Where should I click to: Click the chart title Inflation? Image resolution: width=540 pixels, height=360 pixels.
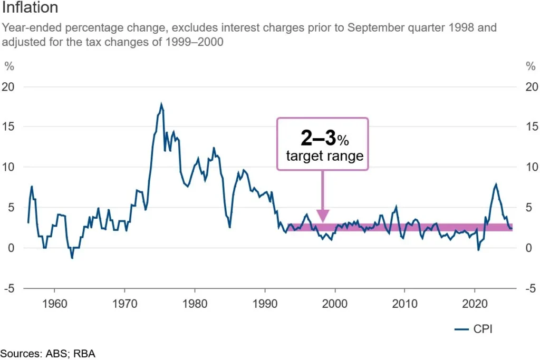coord(31,8)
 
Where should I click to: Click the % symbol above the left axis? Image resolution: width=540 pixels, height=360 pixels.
coord(8,66)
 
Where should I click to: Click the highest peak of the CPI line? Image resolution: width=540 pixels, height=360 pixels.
coord(161,104)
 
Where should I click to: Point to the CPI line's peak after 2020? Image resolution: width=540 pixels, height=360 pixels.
coord(496,184)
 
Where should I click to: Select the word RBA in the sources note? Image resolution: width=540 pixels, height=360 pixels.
coord(84,353)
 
